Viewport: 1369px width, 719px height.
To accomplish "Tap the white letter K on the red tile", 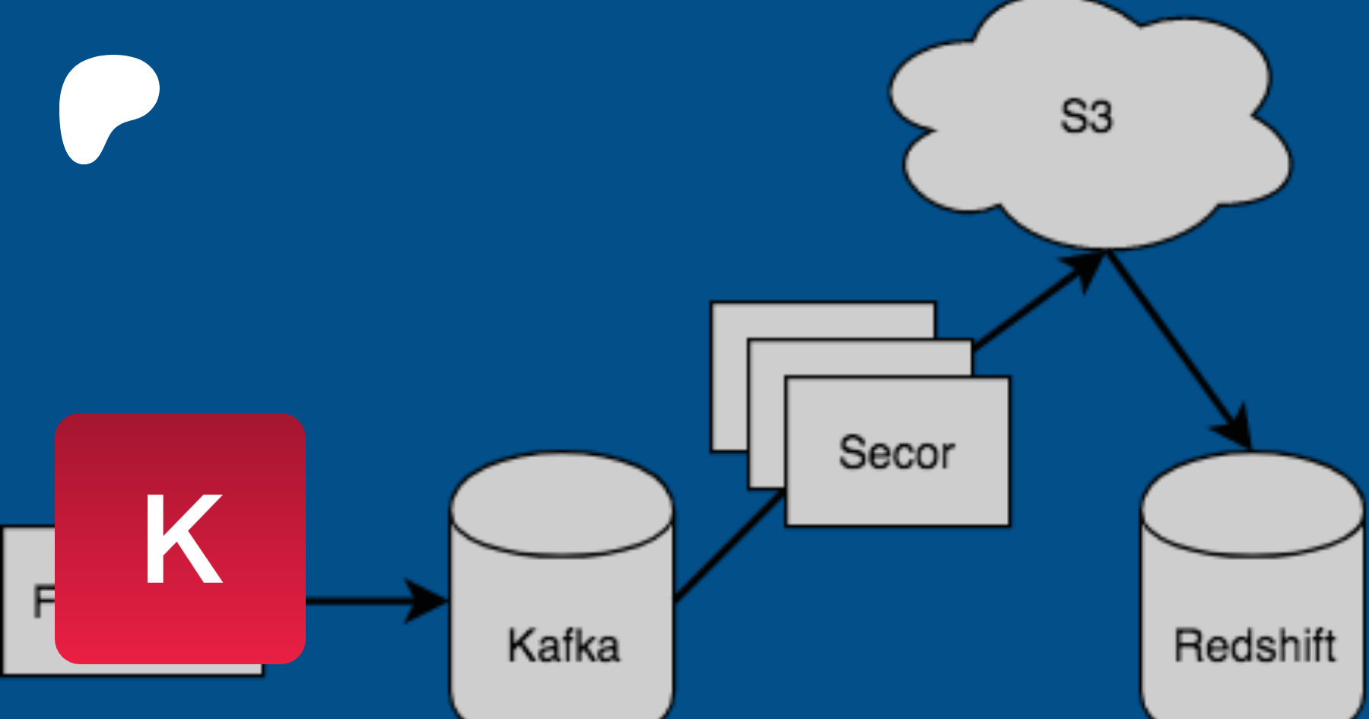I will coord(183,539).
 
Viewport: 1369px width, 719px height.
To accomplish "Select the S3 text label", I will coord(1086,117).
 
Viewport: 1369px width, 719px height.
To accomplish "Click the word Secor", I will coord(897,453).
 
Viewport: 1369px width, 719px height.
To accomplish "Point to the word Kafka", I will coord(564,646).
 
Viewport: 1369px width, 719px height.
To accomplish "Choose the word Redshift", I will coord(1254,646).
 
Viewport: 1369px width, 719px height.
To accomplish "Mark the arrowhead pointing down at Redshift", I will coord(1237,431).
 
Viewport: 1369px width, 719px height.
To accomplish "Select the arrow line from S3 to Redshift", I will coord(1171,342).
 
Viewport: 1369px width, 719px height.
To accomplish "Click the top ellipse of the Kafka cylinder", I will coord(562,502).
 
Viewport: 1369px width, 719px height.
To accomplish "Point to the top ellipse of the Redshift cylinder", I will coord(1253,502).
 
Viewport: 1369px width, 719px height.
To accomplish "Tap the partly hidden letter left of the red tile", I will coord(43,601).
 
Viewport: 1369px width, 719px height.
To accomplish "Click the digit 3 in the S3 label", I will coord(1100,117).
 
